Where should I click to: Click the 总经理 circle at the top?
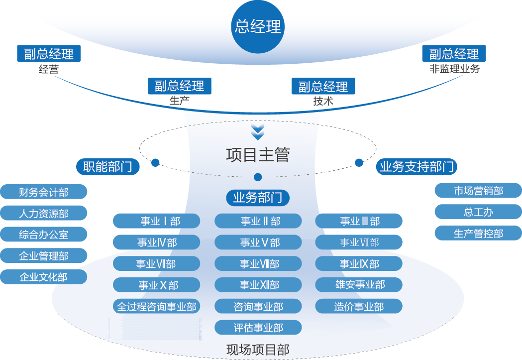pos(258,26)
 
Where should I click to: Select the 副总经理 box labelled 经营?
pos(49,54)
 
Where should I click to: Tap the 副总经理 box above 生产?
pos(180,86)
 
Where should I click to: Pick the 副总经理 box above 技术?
pos(323,87)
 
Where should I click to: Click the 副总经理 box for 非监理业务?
pos(454,54)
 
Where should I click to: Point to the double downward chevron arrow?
pos(258,132)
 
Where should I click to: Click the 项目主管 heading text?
pos(258,155)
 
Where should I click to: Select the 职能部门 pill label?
pos(108,167)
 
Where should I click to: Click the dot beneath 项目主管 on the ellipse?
pos(258,177)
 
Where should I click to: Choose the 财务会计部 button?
pos(44,192)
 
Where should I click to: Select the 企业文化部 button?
pos(44,277)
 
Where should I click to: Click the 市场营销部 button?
pos(478,191)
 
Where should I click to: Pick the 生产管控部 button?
pos(478,233)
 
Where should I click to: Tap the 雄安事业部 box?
pos(359,285)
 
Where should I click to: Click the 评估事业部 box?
pos(258,328)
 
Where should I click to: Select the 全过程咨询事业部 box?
pos(157,306)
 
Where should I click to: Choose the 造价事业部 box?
pos(359,306)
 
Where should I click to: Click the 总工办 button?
pos(478,212)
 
